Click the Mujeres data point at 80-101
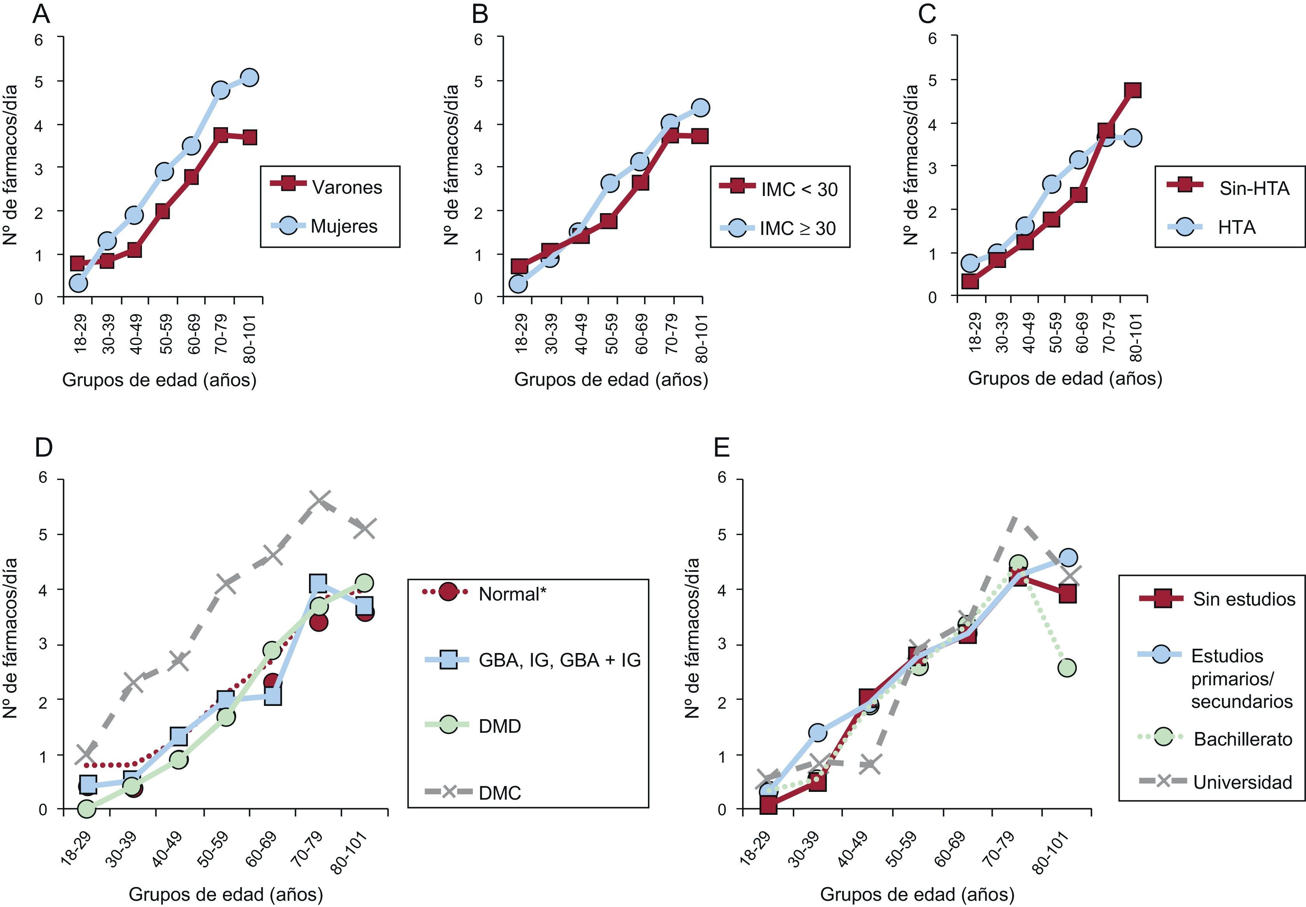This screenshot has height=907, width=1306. [x=249, y=77]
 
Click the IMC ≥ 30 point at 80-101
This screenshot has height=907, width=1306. [x=700, y=107]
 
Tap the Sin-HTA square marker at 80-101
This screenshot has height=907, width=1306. [x=1132, y=90]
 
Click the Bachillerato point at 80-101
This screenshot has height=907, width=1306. [x=1067, y=668]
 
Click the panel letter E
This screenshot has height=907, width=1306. [x=721, y=448]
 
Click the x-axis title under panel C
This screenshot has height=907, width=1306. [x=1064, y=378]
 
